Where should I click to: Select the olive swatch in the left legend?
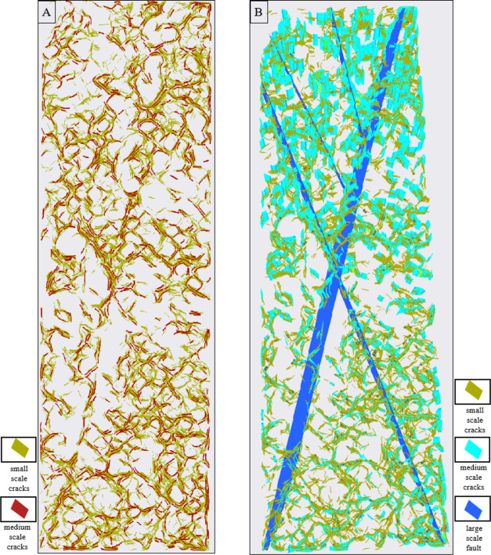tap(18, 449)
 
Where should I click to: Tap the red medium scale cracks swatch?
tap(18, 509)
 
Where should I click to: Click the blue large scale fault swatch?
tap(472, 510)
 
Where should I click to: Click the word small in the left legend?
tap(18, 468)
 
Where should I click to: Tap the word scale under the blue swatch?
tap(472, 538)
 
